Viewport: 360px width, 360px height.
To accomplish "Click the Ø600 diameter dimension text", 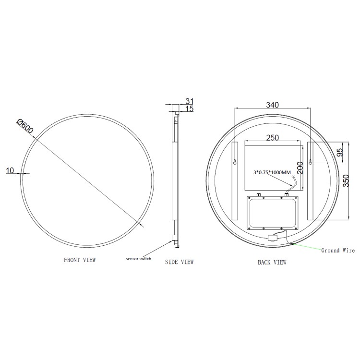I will [24, 126].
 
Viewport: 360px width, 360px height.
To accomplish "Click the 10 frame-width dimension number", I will [11, 170].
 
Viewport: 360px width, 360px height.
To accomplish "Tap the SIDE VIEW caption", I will [179, 262].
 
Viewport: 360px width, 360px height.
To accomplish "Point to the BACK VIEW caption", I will [272, 262].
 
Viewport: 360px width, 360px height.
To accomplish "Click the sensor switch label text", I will [139, 259].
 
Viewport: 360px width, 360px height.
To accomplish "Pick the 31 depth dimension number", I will [189, 101].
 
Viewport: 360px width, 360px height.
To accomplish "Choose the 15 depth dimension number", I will [189, 109].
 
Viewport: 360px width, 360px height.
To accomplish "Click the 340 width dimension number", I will [272, 105].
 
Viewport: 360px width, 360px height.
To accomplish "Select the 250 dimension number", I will [272, 138].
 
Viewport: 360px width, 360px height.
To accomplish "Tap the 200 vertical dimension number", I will [300, 168].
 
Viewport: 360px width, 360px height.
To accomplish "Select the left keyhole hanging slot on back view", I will [234, 162].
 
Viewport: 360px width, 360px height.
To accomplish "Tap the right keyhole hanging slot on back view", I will [310, 162].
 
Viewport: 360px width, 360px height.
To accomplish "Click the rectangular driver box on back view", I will [272, 212].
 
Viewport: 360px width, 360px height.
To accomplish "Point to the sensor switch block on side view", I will [172, 238].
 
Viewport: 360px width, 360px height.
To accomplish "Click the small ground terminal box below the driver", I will [274, 237].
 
